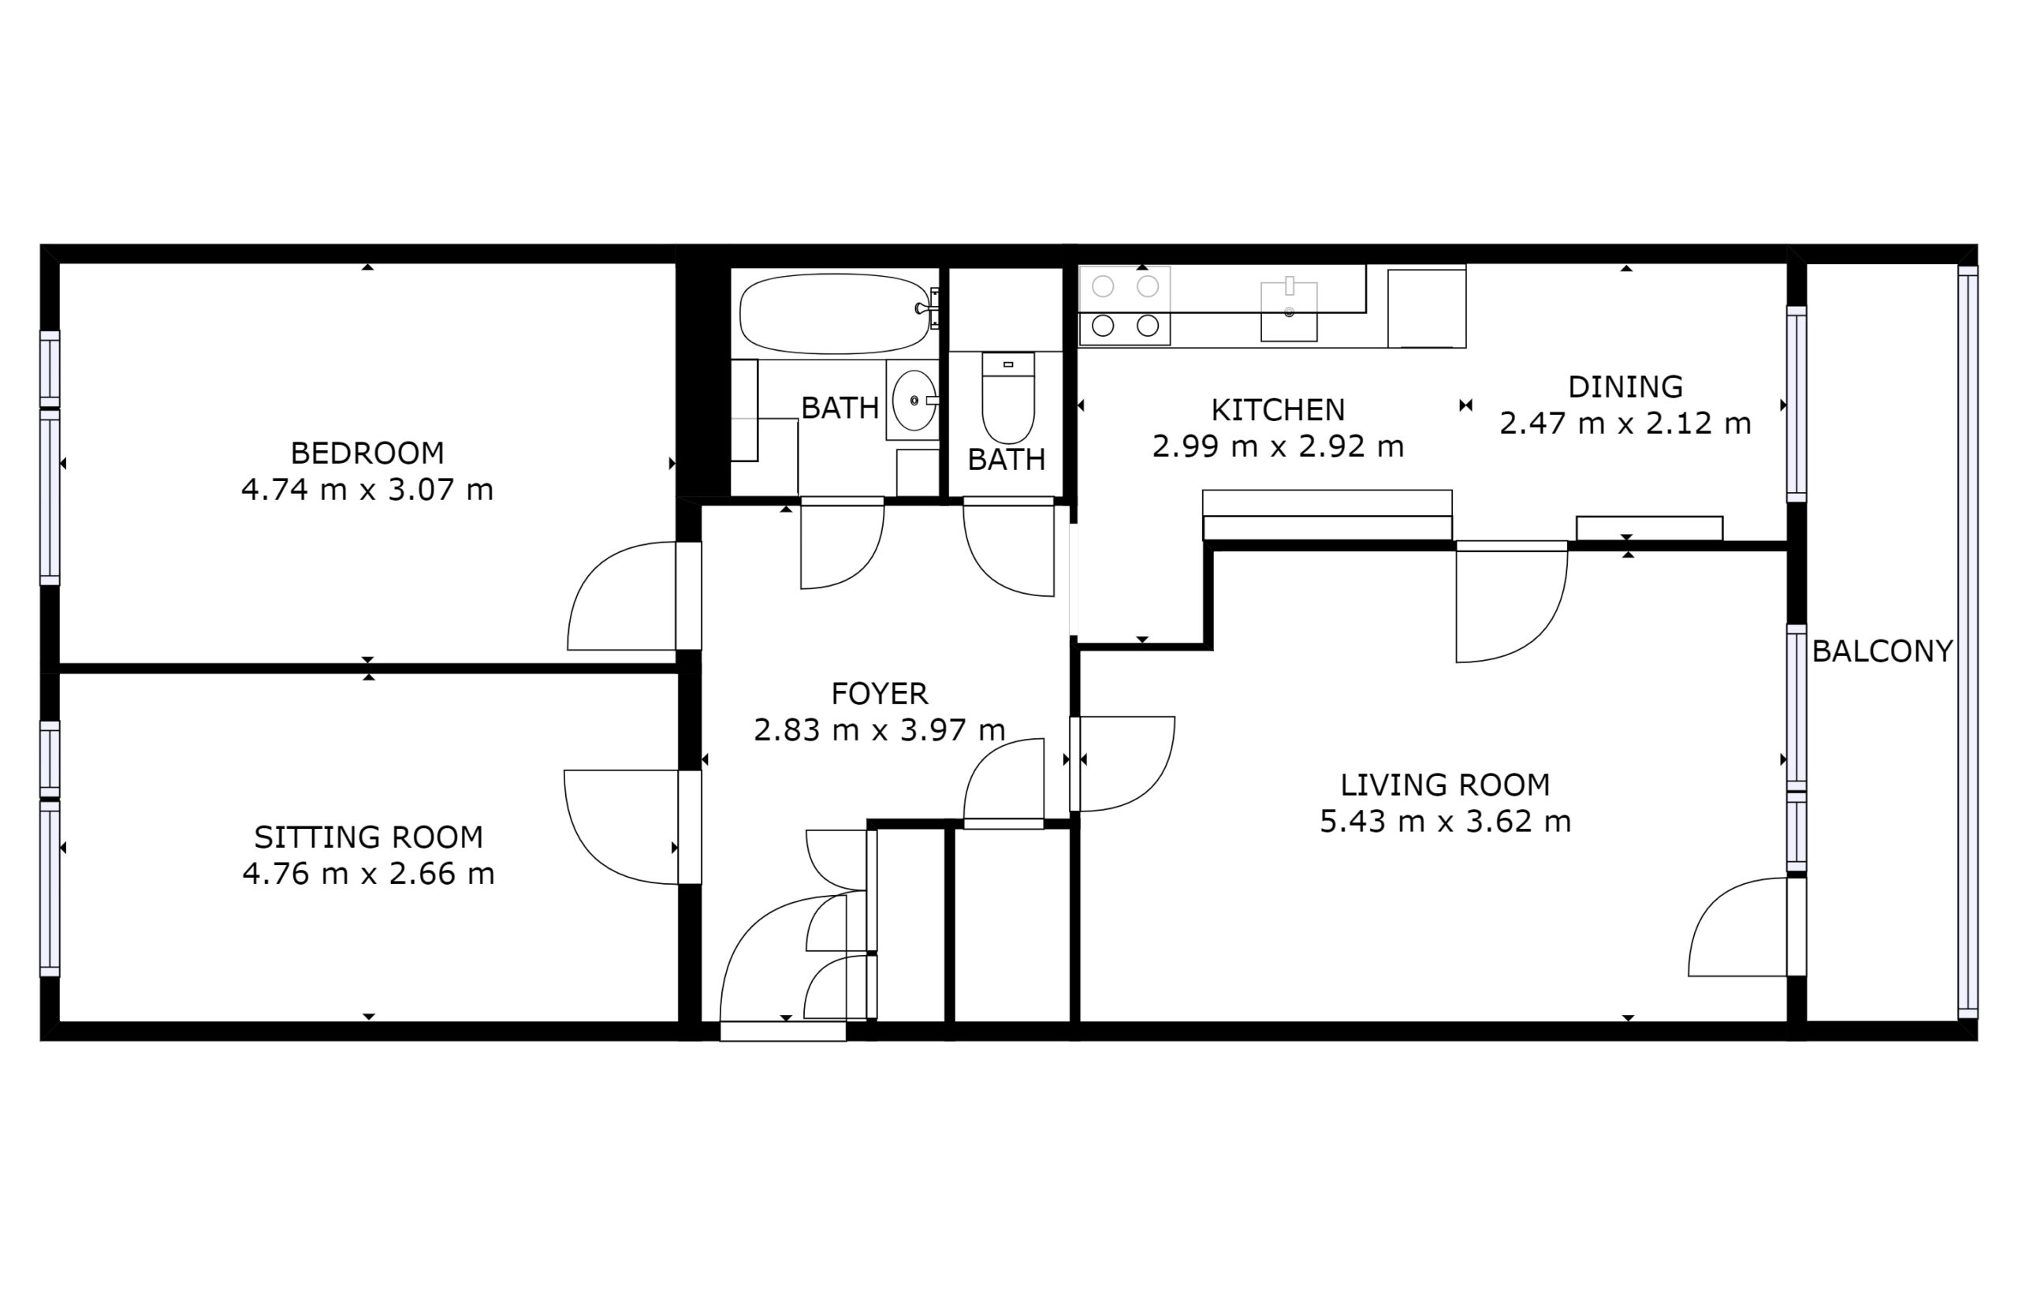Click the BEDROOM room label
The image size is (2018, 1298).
367,453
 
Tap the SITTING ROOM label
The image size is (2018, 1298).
368,837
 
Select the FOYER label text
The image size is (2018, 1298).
880,694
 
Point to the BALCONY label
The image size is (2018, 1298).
1882,651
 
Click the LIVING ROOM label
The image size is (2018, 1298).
1445,785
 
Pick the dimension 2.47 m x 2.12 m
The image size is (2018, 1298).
1625,423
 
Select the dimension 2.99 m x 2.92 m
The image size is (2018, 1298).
1279,446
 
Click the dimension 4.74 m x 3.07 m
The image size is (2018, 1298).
367,490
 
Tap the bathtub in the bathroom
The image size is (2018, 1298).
834,314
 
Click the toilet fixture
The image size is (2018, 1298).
1007,397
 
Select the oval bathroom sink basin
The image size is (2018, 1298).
914,401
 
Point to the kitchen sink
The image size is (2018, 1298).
1288,311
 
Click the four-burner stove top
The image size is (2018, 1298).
1125,305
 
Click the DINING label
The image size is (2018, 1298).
1625,387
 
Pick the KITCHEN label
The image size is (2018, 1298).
1279,411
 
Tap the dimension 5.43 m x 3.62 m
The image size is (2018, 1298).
1445,822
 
